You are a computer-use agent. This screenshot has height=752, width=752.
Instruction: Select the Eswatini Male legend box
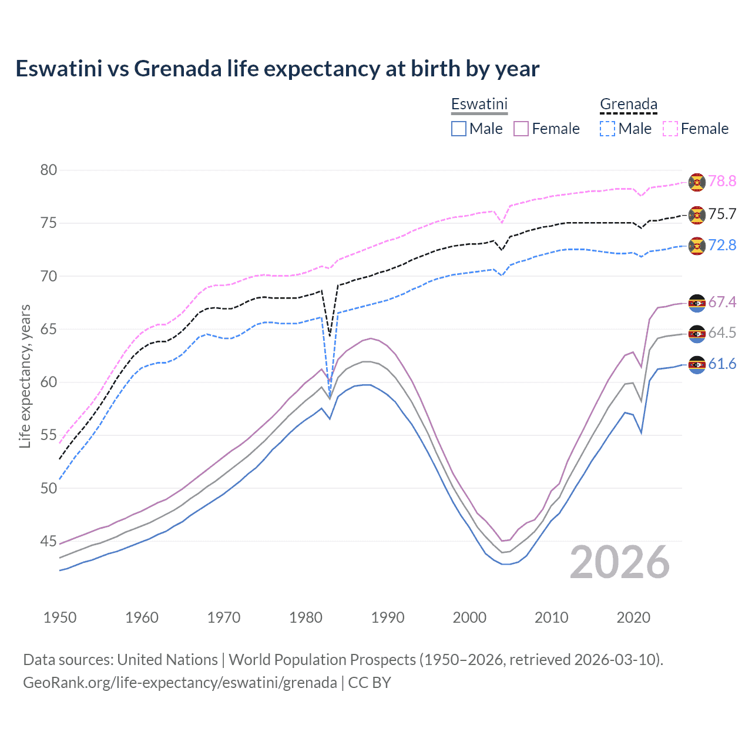coord(459,129)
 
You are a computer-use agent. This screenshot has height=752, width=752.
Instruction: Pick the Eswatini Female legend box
coord(521,129)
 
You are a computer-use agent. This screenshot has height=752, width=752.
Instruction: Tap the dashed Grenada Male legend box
coord(607,129)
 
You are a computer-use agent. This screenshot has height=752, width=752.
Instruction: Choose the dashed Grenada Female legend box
coord(670,129)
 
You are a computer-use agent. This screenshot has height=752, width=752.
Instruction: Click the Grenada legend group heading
coord(628,105)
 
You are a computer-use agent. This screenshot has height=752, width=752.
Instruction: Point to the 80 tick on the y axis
coord(49,170)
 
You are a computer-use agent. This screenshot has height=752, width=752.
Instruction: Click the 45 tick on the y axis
coord(49,541)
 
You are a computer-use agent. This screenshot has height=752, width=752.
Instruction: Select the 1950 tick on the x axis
coord(60,617)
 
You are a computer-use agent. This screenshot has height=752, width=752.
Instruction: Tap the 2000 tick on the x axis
coord(469,617)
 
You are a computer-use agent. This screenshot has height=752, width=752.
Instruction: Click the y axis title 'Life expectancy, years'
coord(25,376)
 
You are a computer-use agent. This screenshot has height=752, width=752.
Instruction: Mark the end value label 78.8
coord(722,182)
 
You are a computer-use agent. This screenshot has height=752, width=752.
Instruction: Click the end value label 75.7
coord(722,214)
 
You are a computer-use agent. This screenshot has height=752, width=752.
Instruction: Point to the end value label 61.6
coord(722,364)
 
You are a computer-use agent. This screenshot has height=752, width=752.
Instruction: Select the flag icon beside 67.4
coord(697,303)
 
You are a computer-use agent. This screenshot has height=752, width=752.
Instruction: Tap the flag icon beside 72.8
coord(697,246)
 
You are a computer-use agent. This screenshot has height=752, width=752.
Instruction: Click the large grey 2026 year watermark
coord(620,563)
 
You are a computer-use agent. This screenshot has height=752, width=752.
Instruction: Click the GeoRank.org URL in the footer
coord(180,683)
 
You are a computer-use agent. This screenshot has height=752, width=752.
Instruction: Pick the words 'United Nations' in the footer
coord(167,660)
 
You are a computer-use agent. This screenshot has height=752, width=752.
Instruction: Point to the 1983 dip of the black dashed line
coord(330,335)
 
